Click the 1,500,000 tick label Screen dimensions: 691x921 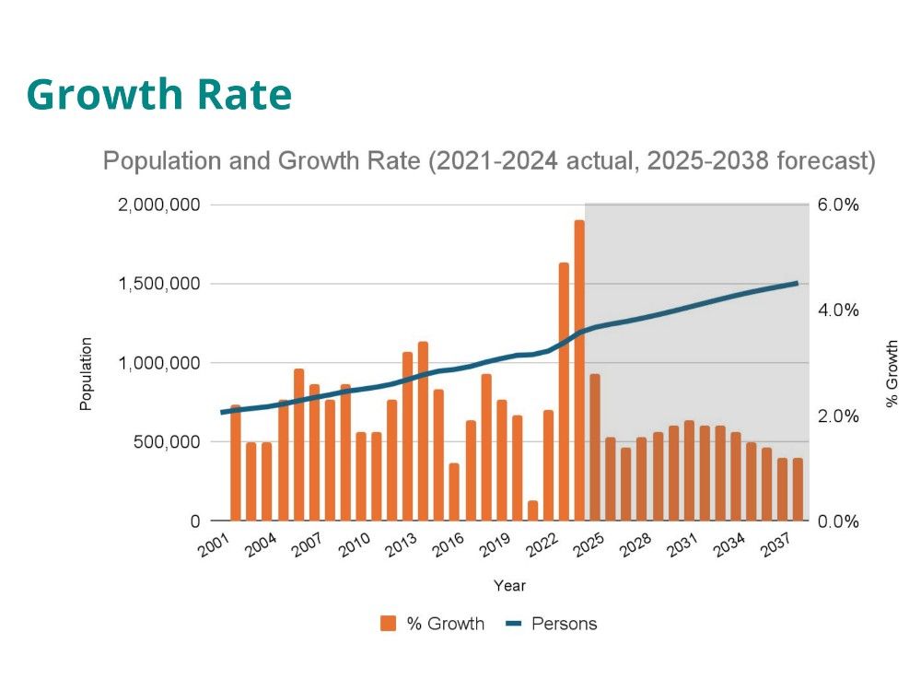click(158, 284)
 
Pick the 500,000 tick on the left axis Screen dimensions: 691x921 click(167, 442)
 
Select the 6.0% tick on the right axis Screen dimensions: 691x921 click(837, 205)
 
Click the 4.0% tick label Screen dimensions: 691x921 click(837, 310)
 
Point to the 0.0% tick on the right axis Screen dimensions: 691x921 click(837, 521)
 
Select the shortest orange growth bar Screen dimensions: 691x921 click(532, 510)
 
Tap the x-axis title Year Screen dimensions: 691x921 click(509, 585)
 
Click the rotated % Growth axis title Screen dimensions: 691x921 click(891, 374)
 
